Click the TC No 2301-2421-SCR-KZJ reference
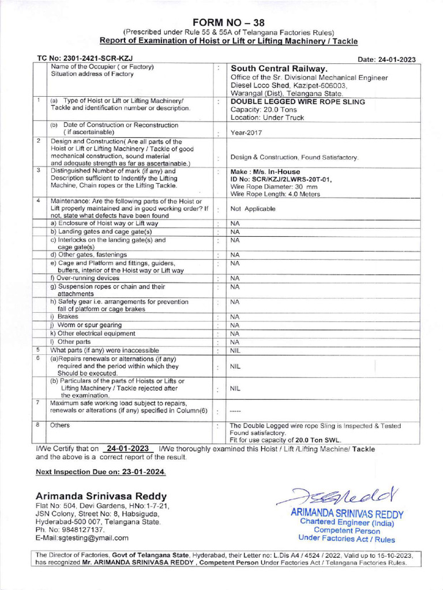(x=81, y=59)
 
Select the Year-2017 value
(x=247, y=131)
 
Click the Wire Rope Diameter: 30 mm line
(x=274, y=187)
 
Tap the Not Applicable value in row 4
(x=253, y=209)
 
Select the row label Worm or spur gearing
(x=85, y=325)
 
